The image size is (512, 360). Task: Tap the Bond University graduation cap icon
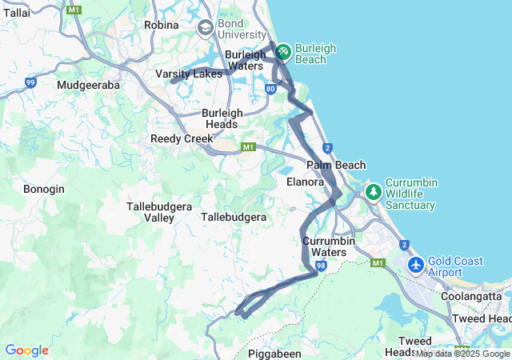click(206, 29)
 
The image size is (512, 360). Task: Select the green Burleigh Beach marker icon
click(282, 53)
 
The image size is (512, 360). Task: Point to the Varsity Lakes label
click(188, 74)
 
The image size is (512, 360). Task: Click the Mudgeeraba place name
click(89, 84)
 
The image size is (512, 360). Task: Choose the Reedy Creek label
click(182, 138)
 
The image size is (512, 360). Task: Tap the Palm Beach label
click(336, 165)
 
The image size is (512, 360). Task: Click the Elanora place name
click(305, 182)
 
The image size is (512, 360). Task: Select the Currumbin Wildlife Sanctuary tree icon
click(373, 193)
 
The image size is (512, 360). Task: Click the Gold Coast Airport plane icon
click(415, 265)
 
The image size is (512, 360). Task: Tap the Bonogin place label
click(44, 189)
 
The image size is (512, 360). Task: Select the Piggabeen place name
click(274, 353)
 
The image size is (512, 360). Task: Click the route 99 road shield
click(30, 82)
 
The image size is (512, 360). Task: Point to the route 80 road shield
click(272, 89)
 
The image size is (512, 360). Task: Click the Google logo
click(26, 350)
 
